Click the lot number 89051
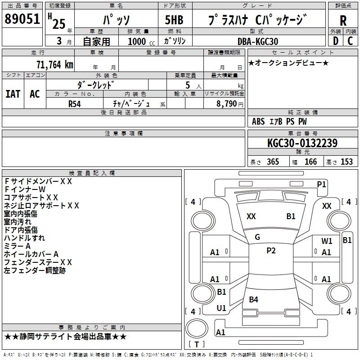(22, 19)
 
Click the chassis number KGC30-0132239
(302, 143)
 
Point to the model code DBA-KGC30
(258, 41)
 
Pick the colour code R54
(75, 103)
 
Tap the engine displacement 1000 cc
(136, 41)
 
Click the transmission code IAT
(13, 94)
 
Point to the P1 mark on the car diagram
(321, 184)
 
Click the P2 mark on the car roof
(271, 251)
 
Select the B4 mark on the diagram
(253, 299)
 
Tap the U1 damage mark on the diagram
(221, 308)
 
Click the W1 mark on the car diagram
(327, 241)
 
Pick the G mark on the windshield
(257, 237)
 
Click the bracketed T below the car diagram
(196, 345)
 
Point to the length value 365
(271, 162)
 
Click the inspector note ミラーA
(17, 246)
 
